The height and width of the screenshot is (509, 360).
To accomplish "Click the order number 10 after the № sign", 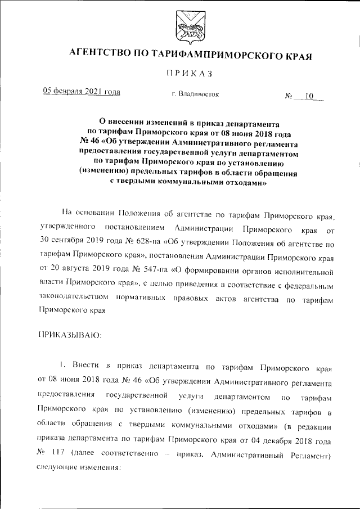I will click(309, 96).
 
